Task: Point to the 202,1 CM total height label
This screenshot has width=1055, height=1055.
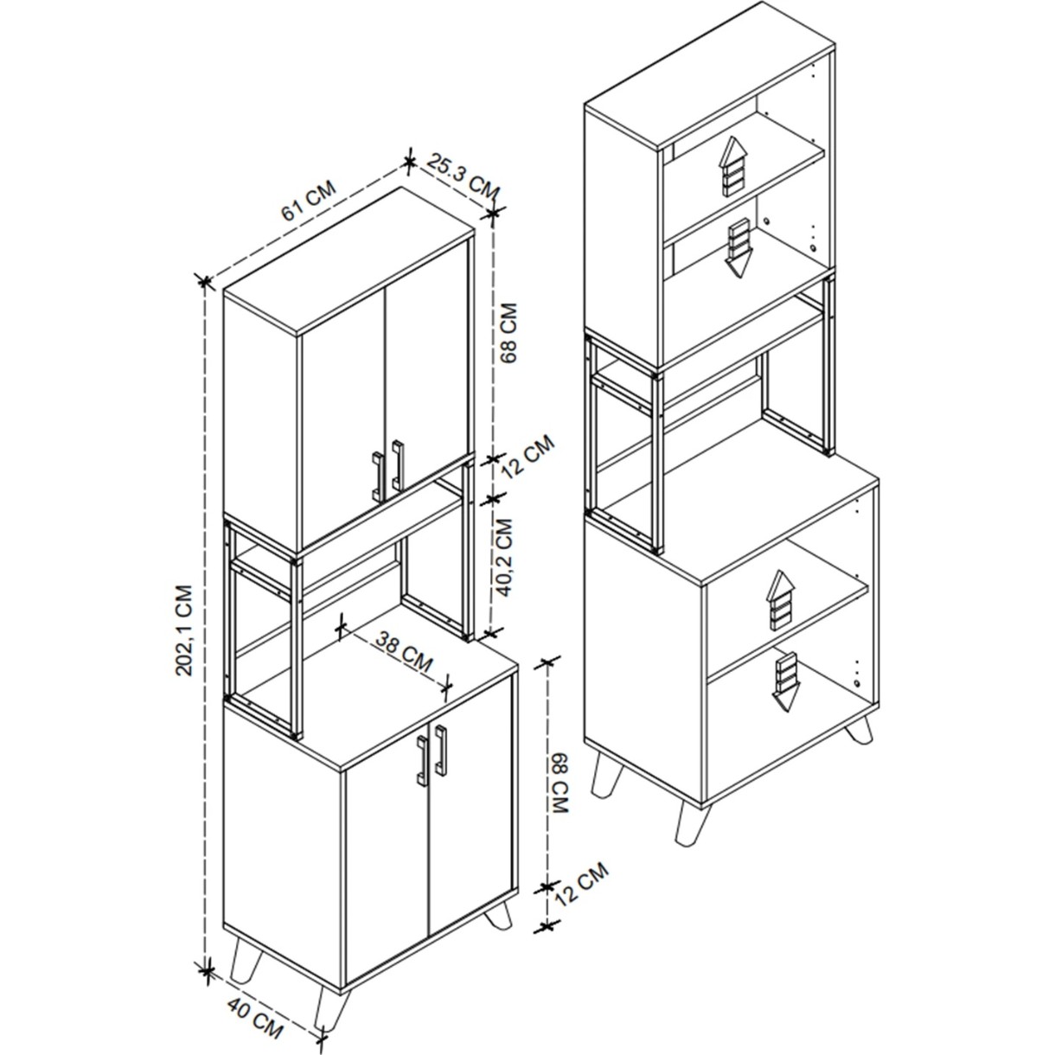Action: tap(184, 630)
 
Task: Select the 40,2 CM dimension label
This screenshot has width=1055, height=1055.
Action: tap(502, 558)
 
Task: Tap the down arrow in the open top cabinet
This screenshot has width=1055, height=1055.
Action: tap(738, 249)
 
